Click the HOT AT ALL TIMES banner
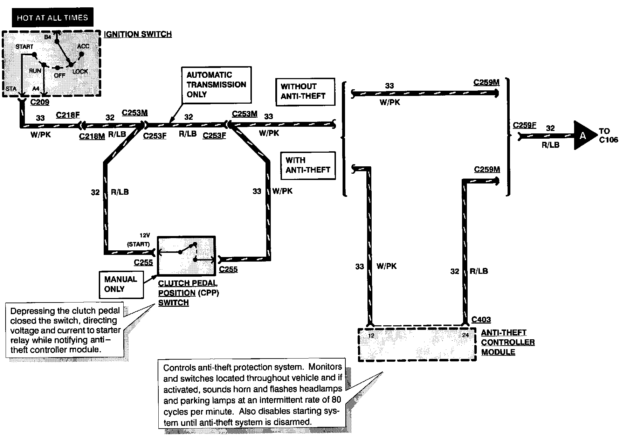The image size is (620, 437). pyautogui.click(x=53, y=18)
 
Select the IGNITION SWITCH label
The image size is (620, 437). pyautogui.click(x=138, y=34)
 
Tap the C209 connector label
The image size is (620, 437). pyautogui.click(x=40, y=102)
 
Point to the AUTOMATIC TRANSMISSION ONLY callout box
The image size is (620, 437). pyautogui.click(x=216, y=84)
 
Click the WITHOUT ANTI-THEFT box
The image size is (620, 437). pyautogui.click(x=303, y=91)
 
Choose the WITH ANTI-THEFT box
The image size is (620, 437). pyautogui.click(x=308, y=165)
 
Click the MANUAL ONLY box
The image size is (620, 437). pyautogui.click(x=120, y=284)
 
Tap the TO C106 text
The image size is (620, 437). pyautogui.click(x=608, y=136)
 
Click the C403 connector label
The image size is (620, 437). pyautogui.click(x=481, y=319)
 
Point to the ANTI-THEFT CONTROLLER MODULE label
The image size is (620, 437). pyautogui.click(x=508, y=342)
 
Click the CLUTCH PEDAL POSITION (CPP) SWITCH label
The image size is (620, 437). pyautogui.click(x=188, y=293)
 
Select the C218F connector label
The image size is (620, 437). pyautogui.click(x=68, y=115)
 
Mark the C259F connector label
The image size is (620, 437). pyautogui.click(x=524, y=125)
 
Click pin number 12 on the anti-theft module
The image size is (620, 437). pyautogui.click(x=371, y=335)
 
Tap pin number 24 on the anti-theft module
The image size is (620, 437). pyautogui.click(x=465, y=335)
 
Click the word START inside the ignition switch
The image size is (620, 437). pyautogui.click(x=25, y=47)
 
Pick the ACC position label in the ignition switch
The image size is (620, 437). pyautogui.click(x=83, y=46)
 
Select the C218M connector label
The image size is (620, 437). pyautogui.click(x=92, y=136)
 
